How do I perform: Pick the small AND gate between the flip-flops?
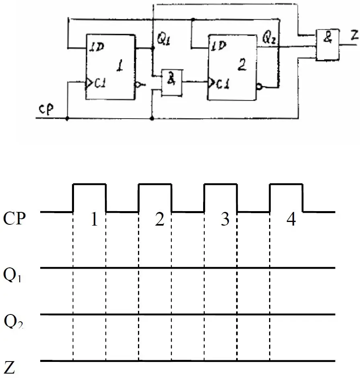click(x=171, y=82)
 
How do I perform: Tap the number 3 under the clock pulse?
click(x=225, y=220)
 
